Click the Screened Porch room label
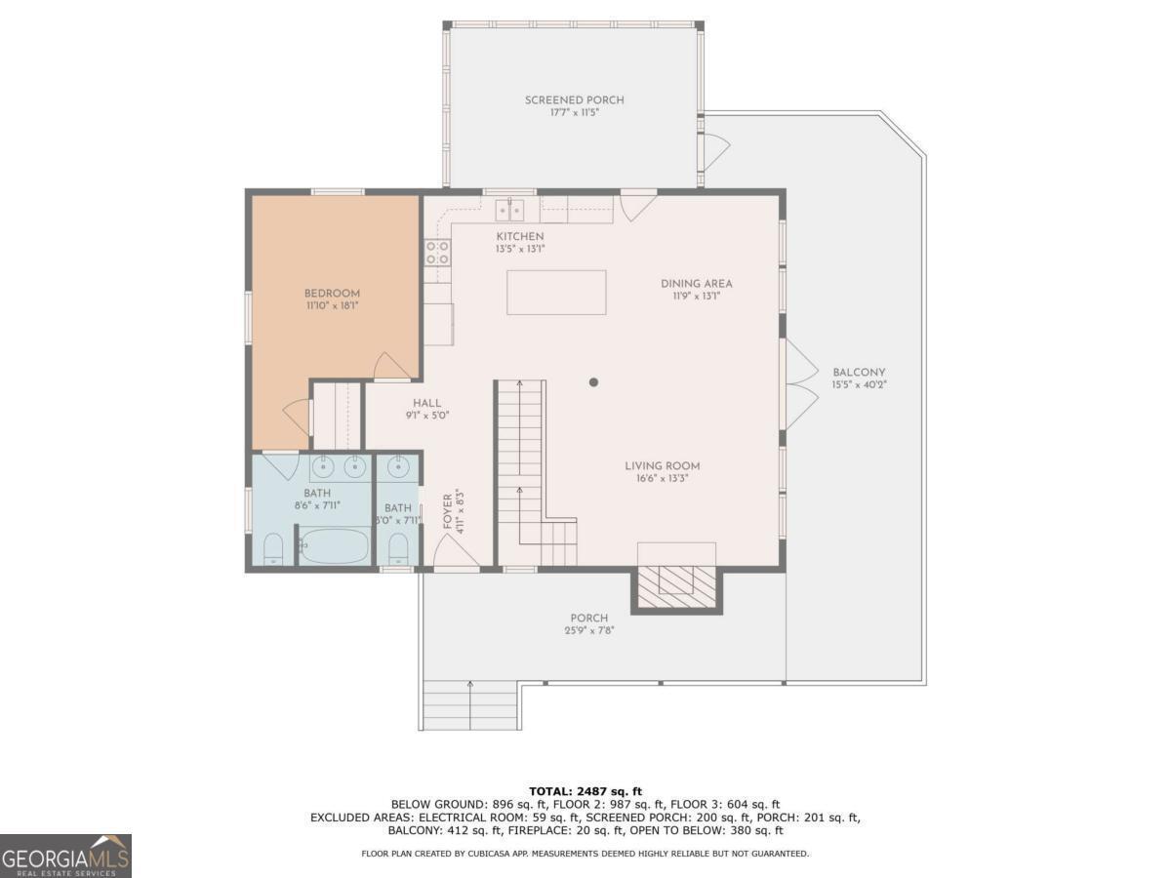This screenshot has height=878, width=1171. (574, 100)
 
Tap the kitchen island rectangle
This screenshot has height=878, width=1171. (556, 292)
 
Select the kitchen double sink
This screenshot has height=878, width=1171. (509, 210)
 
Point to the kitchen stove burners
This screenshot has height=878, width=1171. (437, 253)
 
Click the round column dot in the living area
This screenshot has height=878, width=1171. (593, 381)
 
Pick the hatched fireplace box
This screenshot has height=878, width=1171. (676, 586)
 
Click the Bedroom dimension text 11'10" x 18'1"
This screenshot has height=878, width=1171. (332, 306)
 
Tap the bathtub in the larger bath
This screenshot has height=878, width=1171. (334, 545)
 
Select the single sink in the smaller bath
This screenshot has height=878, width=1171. (398, 468)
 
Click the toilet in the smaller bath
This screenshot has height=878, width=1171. (397, 549)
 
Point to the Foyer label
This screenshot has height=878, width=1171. (447, 511)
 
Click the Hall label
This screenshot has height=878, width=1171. (426, 403)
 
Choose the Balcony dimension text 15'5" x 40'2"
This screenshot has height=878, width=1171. (859, 385)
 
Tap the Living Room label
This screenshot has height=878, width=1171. (662, 466)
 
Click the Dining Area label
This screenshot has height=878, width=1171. (696, 284)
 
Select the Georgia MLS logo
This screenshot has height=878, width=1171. (65, 856)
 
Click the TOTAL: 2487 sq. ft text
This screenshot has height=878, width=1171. (585, 791)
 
